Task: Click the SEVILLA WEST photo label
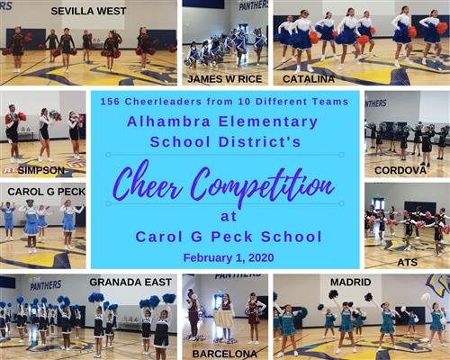pyautogui.click(x=88, y=11)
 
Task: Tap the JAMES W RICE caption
pyautogui.click(x=225, y=79)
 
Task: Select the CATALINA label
pyautogui.click(x=309, y=79)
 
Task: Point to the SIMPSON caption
pyautogui.click(x=41, y=170)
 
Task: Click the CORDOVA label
pyautogui.click(x=400, y=170)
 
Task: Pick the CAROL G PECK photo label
pyautogui.click(x=47, y=192)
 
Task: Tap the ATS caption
pyautogui.click(x=407, y=263)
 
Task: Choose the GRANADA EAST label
pyautogui.click(x=130, y=282)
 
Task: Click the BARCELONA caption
pyautogui.click(x=225, y=354)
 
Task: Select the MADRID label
pyautogui.click(x=351, y=282)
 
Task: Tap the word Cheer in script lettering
pyautogui.click(x=148, y=182)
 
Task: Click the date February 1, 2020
pyautogui.click(x=229, y=257)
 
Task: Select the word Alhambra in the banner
pyautogui.click(x=168, y=121)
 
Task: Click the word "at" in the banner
pyautogui.click(x=229, y=216)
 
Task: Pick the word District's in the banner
pyautogui.click(x=260, y=141)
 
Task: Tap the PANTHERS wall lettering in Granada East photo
pyautogui.click(x=46, y=285)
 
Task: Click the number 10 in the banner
pyautogui.click(x=245, y=102)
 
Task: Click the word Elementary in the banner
pyautogui.click(x=268, y=122)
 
